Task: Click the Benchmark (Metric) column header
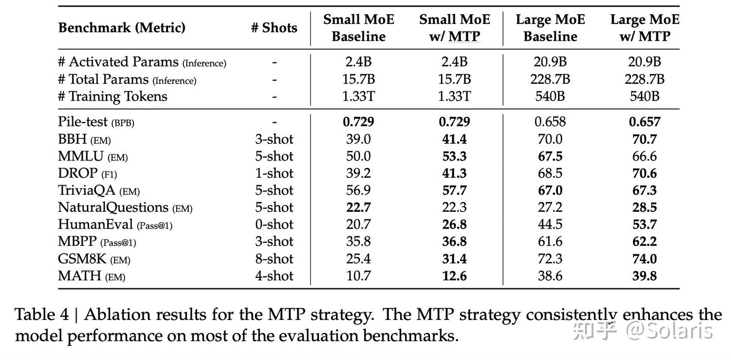pos(121,27)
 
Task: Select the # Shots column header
pos(274,27)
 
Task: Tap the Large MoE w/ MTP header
pos(644,28)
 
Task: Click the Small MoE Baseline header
pos(358,28)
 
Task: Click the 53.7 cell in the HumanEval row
pos(644,224)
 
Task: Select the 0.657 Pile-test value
pos(644,122)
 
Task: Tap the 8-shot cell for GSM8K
pos(274,259)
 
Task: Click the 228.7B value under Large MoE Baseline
pos(550,79)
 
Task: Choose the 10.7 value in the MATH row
pos(358,276)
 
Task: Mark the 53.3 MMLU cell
pos(454,156)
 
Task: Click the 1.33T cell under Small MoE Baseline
pos(358,96)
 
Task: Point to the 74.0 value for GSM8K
pos(644,259)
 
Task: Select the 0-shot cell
pos(274,224)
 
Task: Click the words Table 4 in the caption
pos(42,315)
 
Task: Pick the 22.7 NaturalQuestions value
pos(358,207)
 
